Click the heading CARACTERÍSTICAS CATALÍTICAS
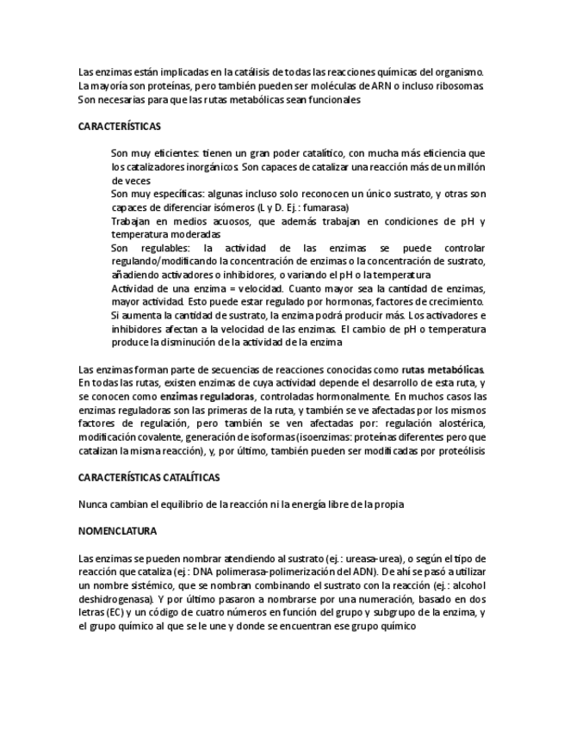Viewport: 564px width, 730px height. [x=149, y=476]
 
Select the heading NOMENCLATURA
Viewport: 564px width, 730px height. [x=117, y=531]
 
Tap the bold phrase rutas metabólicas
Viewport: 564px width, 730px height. [x=443, y=369]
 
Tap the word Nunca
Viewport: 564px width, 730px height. [x=93, y=504]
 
